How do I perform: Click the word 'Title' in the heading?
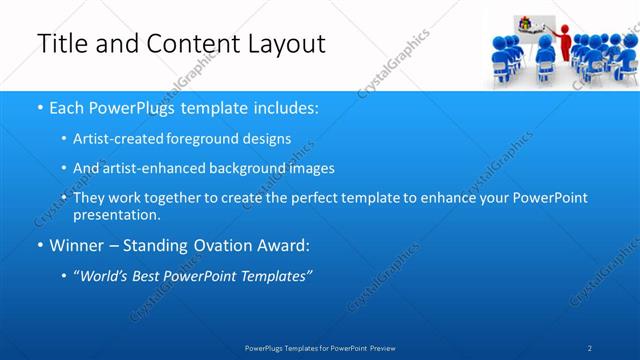62,44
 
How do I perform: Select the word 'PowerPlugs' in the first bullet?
123,106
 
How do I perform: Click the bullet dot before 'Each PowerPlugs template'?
39,107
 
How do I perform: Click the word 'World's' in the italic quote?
109,277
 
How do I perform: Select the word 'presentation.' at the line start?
116,214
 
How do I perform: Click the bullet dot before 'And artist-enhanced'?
63,169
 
